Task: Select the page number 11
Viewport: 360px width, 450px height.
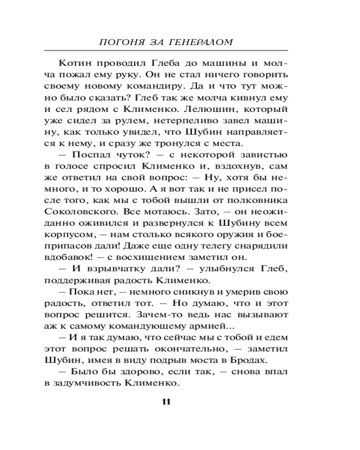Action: [x=166, y=402]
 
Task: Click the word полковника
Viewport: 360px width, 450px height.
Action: [x=258, y=202]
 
